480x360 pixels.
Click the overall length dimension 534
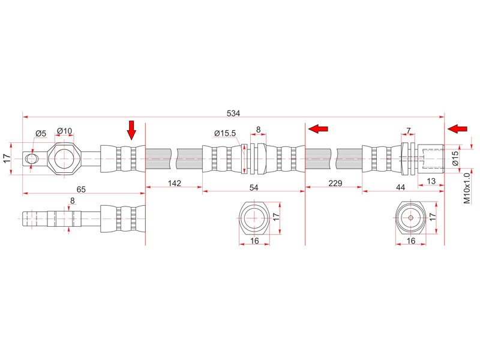tap(233, 113)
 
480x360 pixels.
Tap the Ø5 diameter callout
tap(41, 133)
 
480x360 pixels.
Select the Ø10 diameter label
tap(65, 131)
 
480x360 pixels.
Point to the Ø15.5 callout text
tap(225, 133)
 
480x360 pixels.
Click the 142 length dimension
tap(175, 183)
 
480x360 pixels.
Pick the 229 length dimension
tap(335, 183)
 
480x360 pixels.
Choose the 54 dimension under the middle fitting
tap(254, 188)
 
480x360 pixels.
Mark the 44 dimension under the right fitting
tap(400, 187)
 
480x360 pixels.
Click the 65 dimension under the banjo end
tap(81, 190)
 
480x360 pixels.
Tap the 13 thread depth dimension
tap(431, 181)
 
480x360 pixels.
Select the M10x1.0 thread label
tap(467, 188)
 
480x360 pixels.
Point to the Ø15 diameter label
tap(455, 158)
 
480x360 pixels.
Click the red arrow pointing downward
tap(131, 130)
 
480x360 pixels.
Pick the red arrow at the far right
tap(457, 129)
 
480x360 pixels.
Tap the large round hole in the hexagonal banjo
tap(64, 158)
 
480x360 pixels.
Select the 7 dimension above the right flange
tap(409, 131)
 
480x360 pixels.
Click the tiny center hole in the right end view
tap(411, 218)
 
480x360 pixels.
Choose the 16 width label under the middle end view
tap(254, 241)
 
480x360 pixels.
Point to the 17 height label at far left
tap(7, 158)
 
